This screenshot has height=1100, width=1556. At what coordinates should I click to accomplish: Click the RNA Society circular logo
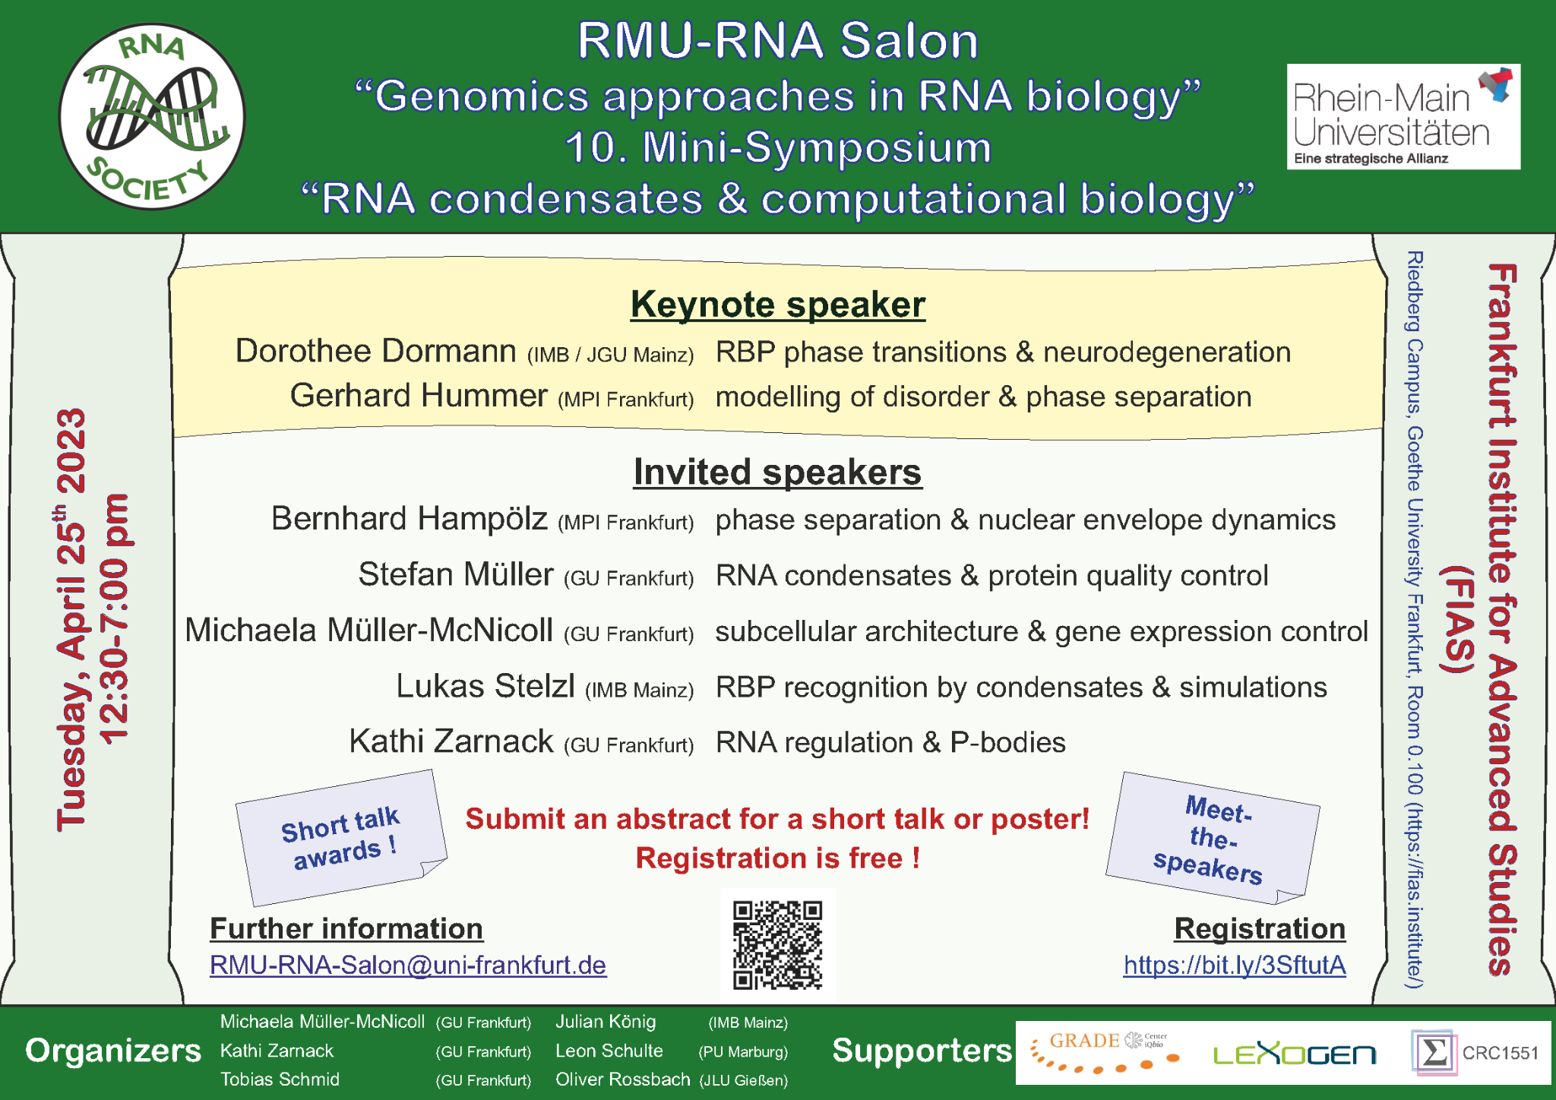click(152, 116)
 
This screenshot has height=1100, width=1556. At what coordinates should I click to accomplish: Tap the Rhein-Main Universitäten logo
click(1403, 116)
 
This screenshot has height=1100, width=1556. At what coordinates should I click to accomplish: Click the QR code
click(777, 944)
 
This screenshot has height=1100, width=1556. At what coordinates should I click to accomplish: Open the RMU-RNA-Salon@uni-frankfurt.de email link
click(408, 965)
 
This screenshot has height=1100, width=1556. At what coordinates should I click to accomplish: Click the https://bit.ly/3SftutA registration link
click(1235, 965)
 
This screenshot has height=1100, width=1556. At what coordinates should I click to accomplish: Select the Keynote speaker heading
click(777, 305)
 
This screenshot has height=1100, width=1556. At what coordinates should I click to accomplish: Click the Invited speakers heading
click(777, 472)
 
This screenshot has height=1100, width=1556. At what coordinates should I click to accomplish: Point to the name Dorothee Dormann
click(375, 351)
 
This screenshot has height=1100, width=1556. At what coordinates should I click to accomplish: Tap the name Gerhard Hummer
click(419, 396)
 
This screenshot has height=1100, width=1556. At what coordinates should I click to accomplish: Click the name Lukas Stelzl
click(485, 686)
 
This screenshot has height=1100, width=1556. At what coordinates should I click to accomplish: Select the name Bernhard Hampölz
click(410, 519)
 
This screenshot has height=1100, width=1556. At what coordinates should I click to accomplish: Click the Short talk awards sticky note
click(340, 838)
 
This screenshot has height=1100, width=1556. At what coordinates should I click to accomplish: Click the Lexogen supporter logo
click(1294, 1054)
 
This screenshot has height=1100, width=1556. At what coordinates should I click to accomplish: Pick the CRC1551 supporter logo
click(1475, 1053)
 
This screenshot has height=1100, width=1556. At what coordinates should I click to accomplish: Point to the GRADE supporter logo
click(1105, 1051)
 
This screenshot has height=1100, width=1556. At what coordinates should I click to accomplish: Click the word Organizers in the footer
click(113, 1051)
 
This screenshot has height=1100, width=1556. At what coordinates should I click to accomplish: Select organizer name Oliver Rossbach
click(622, 1079)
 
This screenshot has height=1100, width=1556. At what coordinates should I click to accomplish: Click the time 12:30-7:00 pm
click(114, 619)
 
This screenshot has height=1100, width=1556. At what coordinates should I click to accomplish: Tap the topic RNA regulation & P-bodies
click(890, 742)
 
